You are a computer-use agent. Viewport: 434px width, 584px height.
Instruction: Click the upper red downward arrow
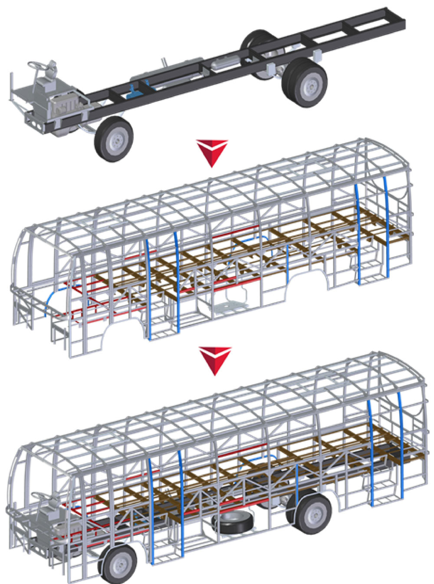(212, 152)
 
